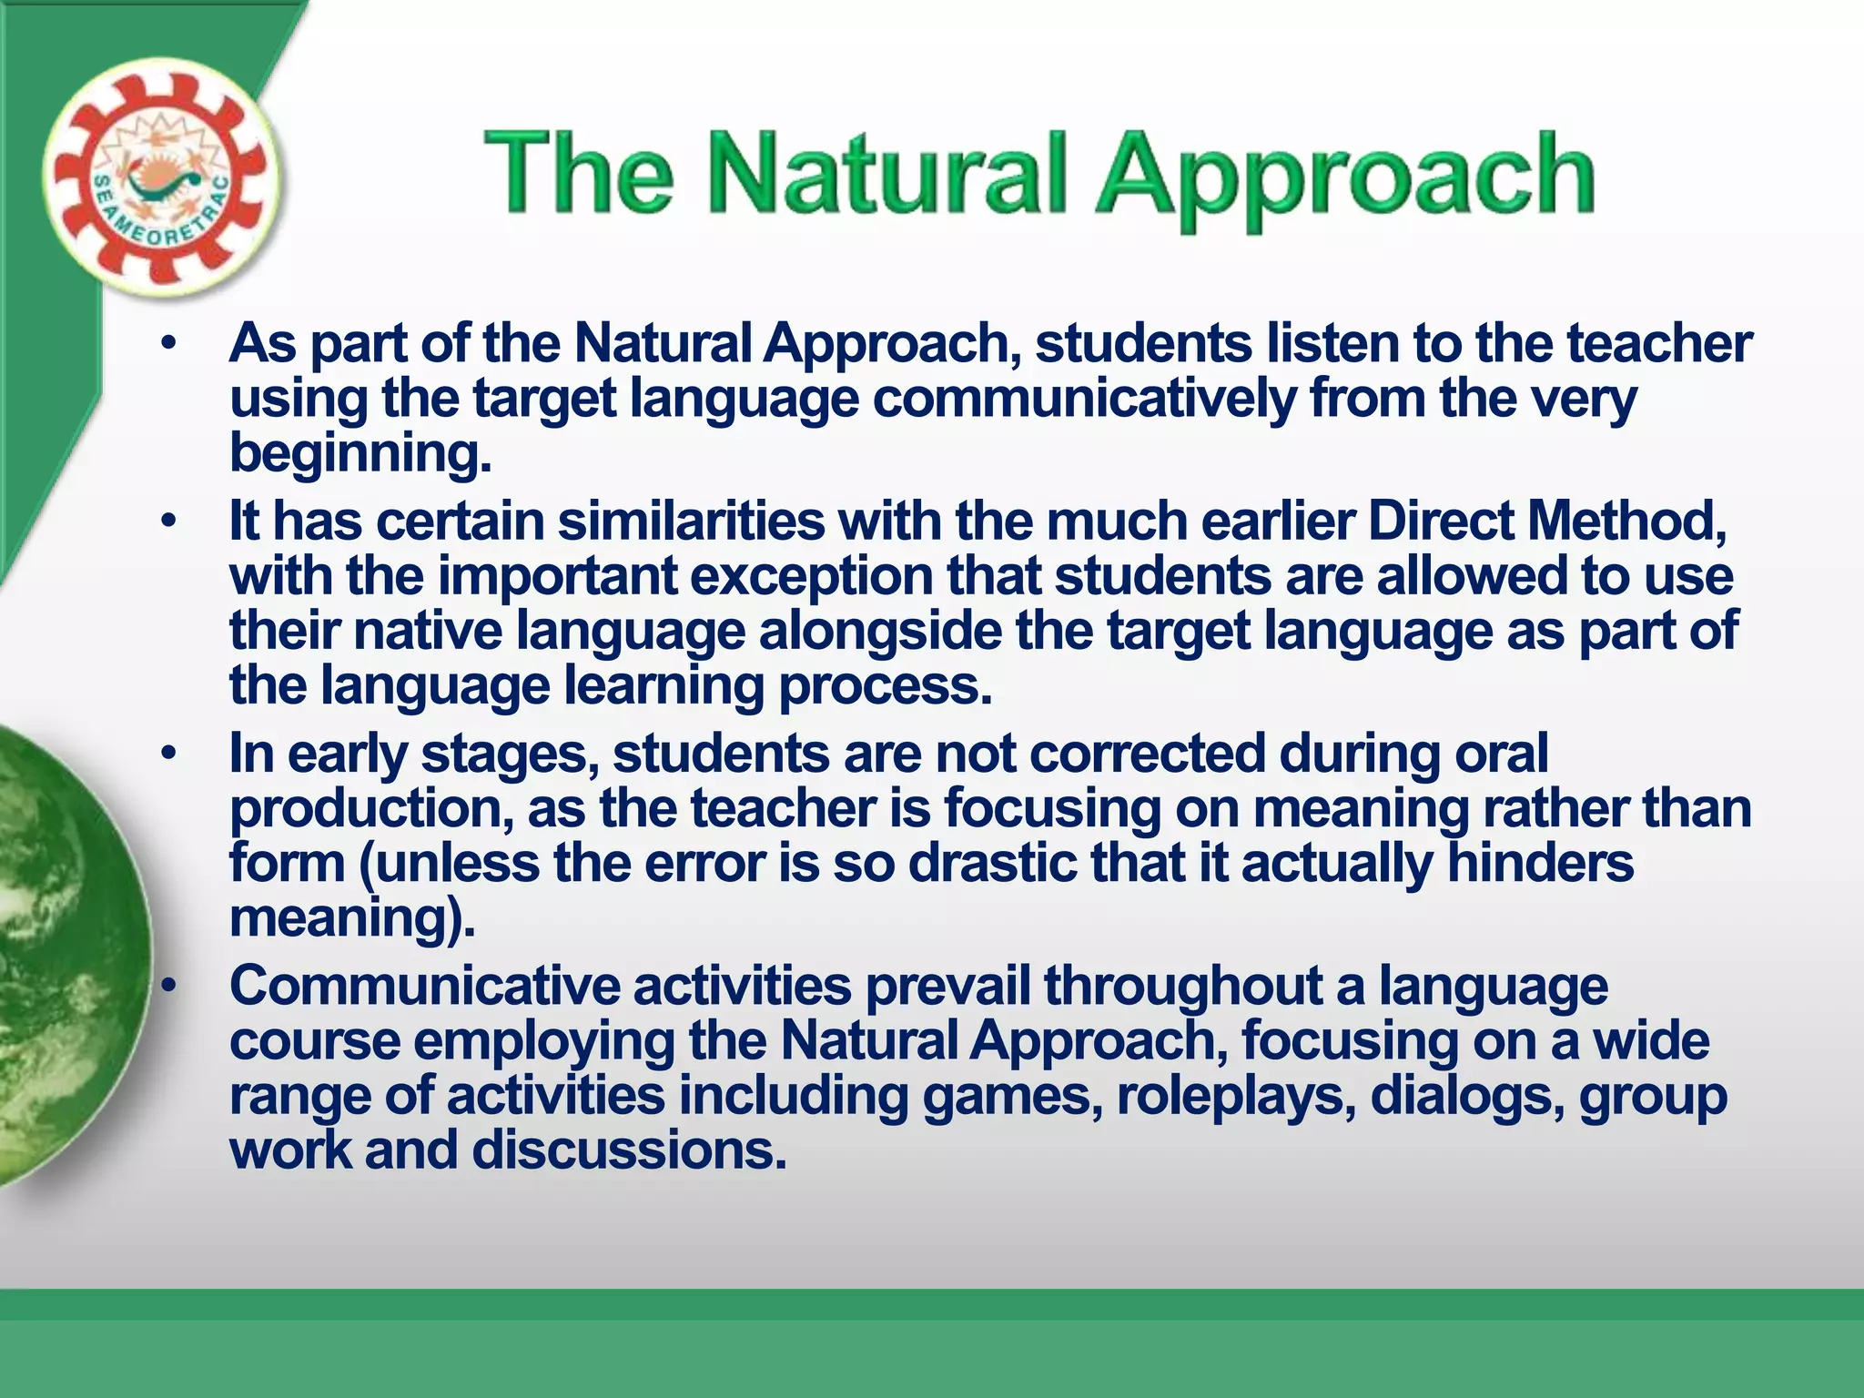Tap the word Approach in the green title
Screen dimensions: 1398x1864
pos(1344,177)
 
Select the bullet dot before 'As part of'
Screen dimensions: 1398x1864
pos(167,345)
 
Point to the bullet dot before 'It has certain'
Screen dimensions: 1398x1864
pos(167,522)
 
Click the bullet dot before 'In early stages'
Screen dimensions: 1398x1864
pos(167,755)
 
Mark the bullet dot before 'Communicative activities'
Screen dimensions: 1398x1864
pos(167,987)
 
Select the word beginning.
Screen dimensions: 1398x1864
pos(360,454)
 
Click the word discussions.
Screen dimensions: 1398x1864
pos(628,1150)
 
